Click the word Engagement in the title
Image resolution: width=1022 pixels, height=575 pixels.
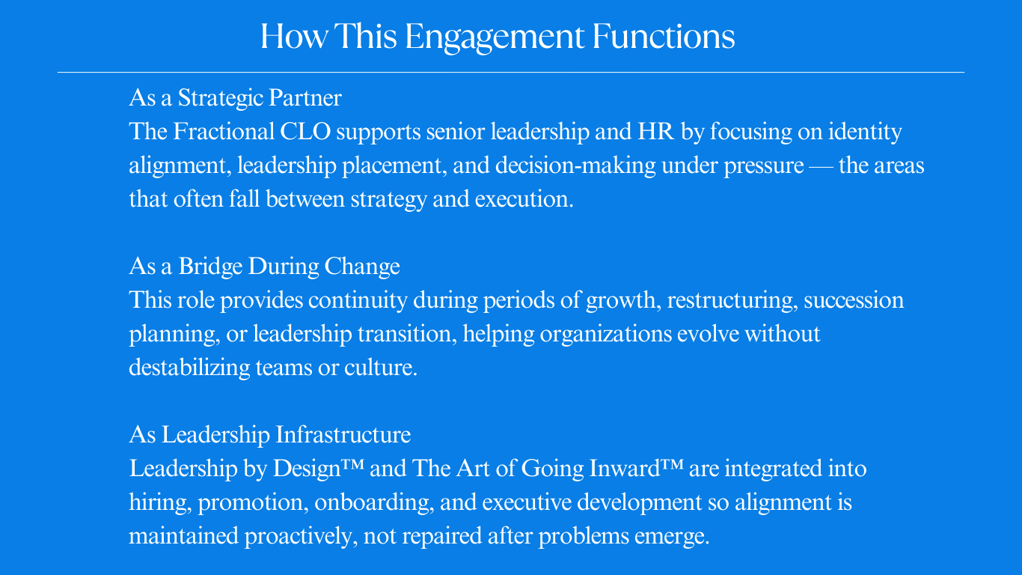click(x=494, y=37)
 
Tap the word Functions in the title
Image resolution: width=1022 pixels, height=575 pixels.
click(x=664, y=36)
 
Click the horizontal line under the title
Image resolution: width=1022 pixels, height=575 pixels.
click(x=511, y=72)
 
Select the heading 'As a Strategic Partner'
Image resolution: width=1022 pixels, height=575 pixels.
click(x=236, y=98)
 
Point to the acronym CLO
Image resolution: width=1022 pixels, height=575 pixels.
click(x=305, y=132)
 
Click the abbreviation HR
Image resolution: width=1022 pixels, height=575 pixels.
click(x=656, y=132)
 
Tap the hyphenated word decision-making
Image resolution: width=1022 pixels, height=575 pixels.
click(x=576, y=166)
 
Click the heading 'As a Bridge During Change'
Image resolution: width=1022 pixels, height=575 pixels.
click(x=265, y=267)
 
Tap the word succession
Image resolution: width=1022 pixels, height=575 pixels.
click(x=854, y=300)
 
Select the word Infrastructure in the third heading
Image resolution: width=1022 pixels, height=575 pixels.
click(x=343, y=435)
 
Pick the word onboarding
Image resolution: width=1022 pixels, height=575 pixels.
click(x=372, y=502)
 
